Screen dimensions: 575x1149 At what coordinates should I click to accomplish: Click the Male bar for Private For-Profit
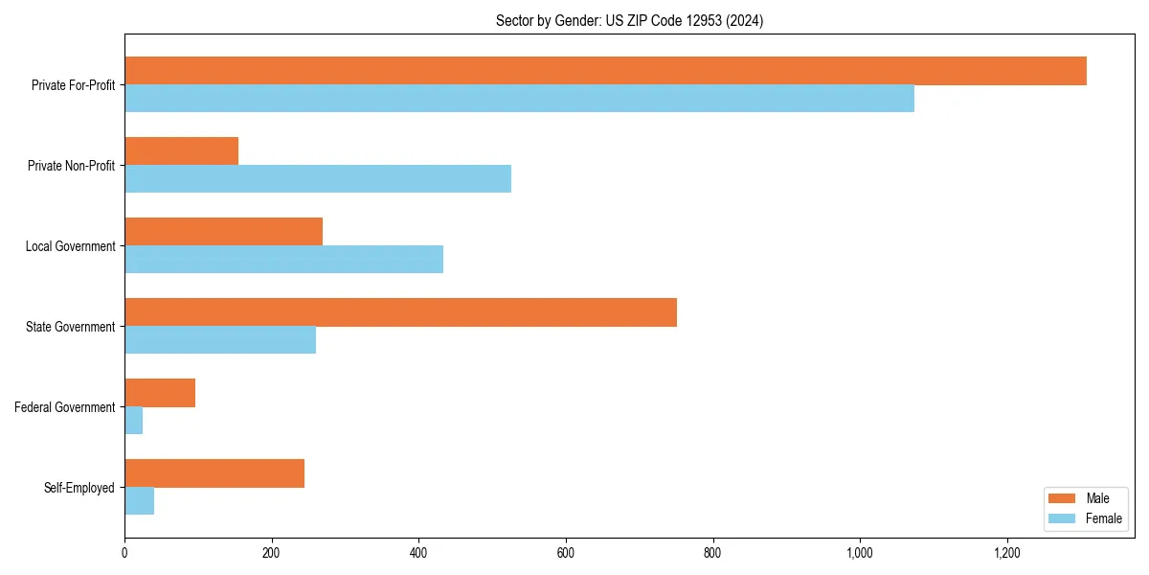click(x=605, y=71)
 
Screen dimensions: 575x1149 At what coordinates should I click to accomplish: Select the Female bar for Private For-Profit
click(x=519, y=99)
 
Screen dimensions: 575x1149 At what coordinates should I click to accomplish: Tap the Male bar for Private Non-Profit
click(x=181, y=151)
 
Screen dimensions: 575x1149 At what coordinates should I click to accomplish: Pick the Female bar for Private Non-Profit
click(x=318, y=179)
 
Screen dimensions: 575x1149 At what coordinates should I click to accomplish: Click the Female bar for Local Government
click(x=283, y=260)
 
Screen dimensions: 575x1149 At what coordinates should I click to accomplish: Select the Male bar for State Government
click(x=400, y=312)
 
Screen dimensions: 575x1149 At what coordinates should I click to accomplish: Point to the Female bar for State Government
click(x=220, y=340)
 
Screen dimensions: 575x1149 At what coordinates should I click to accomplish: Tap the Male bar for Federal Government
click(x=160, y=393)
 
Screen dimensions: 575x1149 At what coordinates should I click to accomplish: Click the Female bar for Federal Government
click(x=134, y=421)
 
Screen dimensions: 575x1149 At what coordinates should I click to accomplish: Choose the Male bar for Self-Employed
click(x=214, y=473)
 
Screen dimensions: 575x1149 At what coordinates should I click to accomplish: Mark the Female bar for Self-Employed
click(x=140, y=501)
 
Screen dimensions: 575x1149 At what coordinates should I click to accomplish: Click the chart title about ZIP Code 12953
click(x=629, y=20)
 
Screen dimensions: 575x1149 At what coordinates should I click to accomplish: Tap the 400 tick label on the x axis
click(x=418, y=553)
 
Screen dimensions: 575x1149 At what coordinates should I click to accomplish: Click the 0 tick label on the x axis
click(x=124, y=553)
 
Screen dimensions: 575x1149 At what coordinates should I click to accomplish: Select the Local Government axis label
click(x=70, y=246)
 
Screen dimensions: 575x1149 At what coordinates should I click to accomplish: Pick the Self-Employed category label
click(x=79, y=488)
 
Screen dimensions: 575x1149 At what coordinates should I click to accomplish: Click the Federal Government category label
click(x=64, y=407)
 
